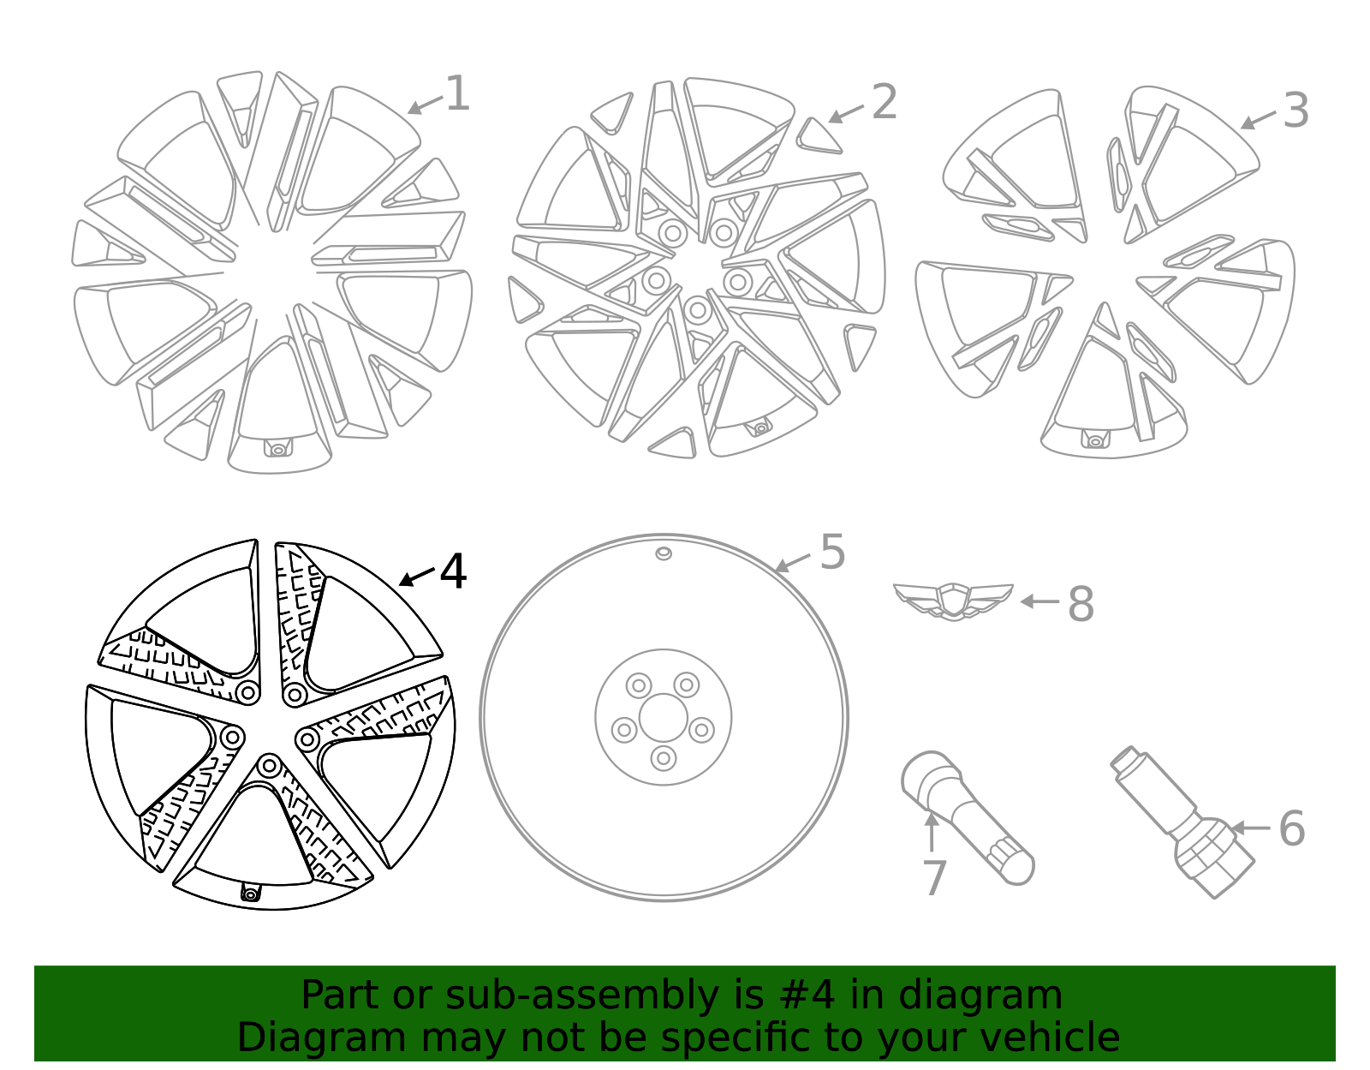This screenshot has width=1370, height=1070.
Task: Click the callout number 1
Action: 457,93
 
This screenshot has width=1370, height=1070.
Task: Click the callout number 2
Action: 884,103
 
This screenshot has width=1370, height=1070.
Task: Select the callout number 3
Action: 1296,111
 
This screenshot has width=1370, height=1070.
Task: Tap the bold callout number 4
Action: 453,571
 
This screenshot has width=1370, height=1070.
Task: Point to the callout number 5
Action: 832,552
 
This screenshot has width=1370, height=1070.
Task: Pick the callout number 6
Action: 1291,828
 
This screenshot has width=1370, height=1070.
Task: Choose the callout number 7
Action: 934,878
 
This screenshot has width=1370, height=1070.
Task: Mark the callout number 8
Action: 1081,604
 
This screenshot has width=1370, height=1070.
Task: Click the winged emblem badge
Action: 953,600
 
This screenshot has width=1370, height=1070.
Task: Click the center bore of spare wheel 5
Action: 664,718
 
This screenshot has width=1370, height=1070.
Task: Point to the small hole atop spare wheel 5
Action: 664,553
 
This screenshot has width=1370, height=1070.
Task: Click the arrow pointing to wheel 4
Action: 417,577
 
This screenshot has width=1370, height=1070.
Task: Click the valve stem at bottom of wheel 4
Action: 250,894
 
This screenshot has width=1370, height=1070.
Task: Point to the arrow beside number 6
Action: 1249,828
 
